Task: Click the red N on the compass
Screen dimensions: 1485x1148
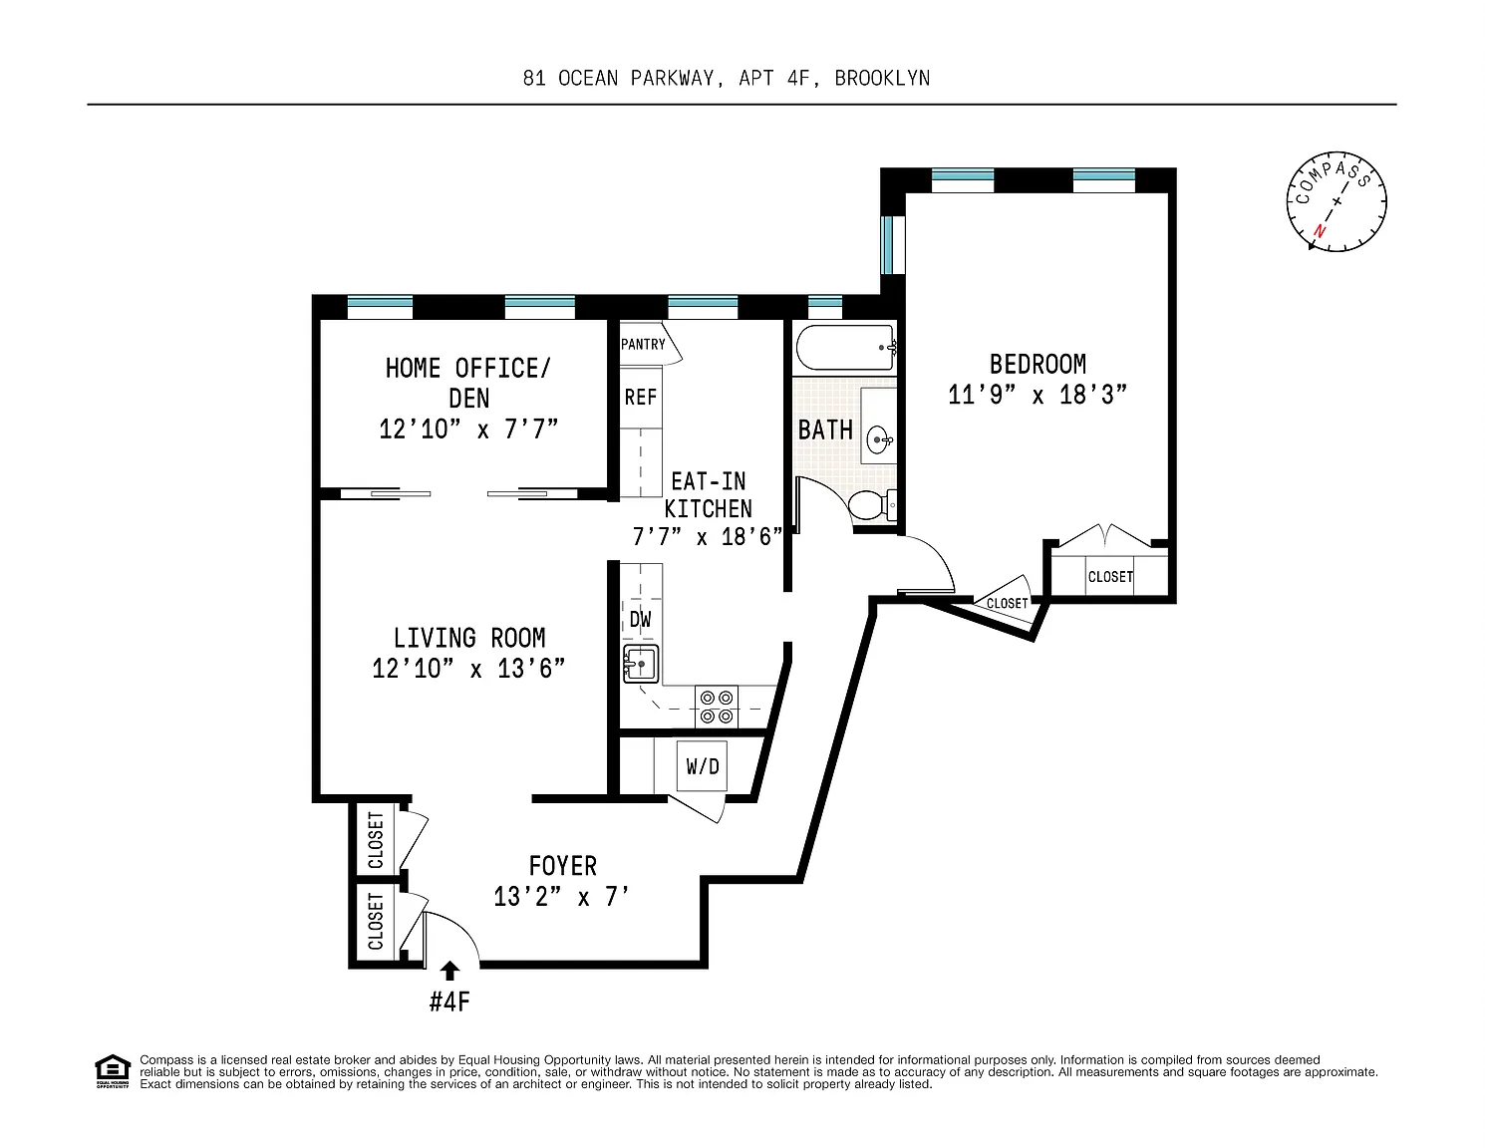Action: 1319,231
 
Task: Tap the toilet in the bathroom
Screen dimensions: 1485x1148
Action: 872,505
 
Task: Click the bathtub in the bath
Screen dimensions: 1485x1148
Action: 845,348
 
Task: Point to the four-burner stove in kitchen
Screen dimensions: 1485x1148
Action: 717,708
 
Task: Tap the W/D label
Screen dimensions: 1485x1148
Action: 703,766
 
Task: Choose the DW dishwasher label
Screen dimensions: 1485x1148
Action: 640,620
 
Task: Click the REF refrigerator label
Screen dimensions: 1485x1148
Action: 640,397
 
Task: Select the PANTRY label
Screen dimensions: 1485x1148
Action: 643,345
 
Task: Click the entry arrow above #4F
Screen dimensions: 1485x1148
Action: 449,971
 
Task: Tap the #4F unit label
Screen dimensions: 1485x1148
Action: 449,1002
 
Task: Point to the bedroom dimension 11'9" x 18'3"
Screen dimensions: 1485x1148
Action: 1038,395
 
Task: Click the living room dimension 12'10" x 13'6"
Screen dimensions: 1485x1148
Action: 468,669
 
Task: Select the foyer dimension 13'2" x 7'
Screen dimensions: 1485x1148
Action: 561,897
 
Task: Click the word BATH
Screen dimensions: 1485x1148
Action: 825,430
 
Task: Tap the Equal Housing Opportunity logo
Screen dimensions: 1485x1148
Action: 112,1071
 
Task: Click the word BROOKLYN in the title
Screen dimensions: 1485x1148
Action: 882,79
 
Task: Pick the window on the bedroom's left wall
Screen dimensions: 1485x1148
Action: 888,244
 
